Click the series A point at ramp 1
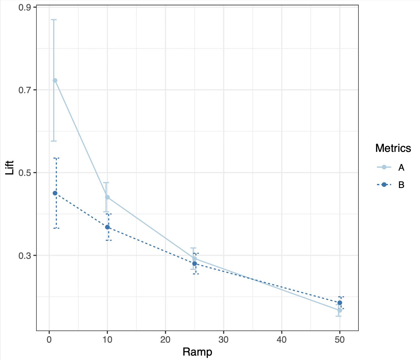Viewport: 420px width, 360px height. pyautogui.click(x=55, y=80)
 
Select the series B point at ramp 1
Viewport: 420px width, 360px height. pyautogui.click(x=55, y=193)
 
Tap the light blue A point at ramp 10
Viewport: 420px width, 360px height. pyautogui.click(x=107, y=197)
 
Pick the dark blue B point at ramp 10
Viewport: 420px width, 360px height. pyautogui.click(x=107, y=227)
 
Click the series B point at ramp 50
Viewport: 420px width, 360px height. pyautogui.click(x=340, y=303)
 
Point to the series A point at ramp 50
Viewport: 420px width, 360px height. pyautogui.click(x=340, y=310)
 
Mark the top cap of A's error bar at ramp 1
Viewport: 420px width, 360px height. pyautogui.click(x=54, y=20)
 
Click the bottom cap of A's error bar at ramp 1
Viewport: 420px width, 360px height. pyautogui.click(x=54, y=141)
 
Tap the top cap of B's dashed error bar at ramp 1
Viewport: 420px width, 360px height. pyautogui.click(x=56, y=158)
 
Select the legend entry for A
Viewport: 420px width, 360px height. pyautogui.click(x=390, y=167)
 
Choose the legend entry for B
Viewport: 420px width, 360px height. pyautogui.click(x=390, y=185)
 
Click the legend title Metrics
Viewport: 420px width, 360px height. pyautogui.click(x=393, y=148)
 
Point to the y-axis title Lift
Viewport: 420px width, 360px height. pyautogui.click(x=9, y=168)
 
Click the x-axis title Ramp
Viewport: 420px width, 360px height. pyautogui.click(x=197, y=352)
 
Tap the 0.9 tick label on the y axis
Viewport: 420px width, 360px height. pyautogui.click(x=25, y=8)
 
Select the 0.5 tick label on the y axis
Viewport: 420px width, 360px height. pyautogui.click(x=25, y=173)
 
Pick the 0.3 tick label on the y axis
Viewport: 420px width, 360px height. pyautogui.click(x=25, y=256)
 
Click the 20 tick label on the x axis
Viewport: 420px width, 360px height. pyautogui.click(x=165, y=340)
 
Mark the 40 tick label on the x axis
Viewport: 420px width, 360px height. pyautogui.click(x=282, y=340)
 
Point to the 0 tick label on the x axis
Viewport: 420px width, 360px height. pyautogui.click(x=49, y=340)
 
